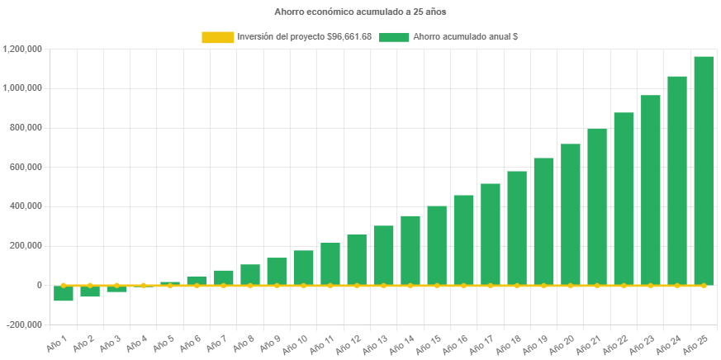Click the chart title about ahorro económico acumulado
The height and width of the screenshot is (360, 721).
click(x=360, y=12)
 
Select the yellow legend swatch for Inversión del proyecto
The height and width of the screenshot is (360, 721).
click(x=217, y=37)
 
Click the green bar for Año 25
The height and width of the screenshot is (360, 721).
click(x=704, y=170)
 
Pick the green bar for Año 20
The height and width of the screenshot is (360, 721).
click(x=570, y=214)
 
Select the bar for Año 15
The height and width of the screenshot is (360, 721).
click(x=437, y=245)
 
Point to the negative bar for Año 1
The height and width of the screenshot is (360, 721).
click(x=64, y=293)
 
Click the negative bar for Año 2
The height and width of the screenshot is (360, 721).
click(x=90, y=291)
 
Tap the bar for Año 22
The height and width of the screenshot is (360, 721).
click(x=624, y=198)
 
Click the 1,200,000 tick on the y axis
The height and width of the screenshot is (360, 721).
click(x=23, y=49)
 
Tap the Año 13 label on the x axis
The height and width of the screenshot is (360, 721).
click(x=377, y=343)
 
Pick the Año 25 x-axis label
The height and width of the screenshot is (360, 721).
click(x=697, y=343)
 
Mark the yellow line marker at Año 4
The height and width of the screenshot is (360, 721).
click(x=144, y=285)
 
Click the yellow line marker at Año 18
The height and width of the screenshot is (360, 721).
click(x=517, y=285)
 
